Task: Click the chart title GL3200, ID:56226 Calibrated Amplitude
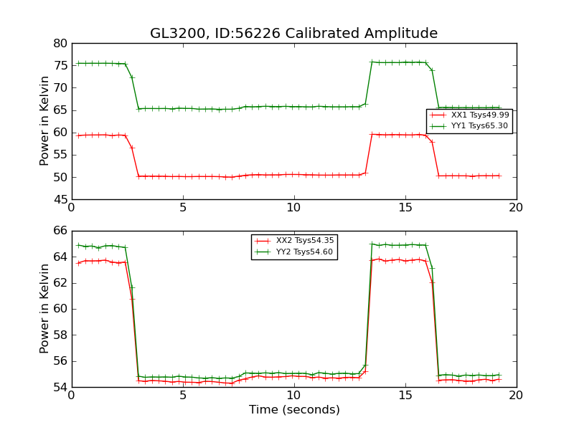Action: tap(293, 34)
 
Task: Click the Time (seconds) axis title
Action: tap(294, 410)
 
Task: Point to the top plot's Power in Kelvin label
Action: tap(44, 120)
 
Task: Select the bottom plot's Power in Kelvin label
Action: tap(44, 308)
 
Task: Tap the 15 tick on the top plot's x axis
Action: tap(405, 208)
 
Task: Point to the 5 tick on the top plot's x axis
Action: tap(182, 208)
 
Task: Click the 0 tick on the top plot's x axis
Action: tap(71, 208)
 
